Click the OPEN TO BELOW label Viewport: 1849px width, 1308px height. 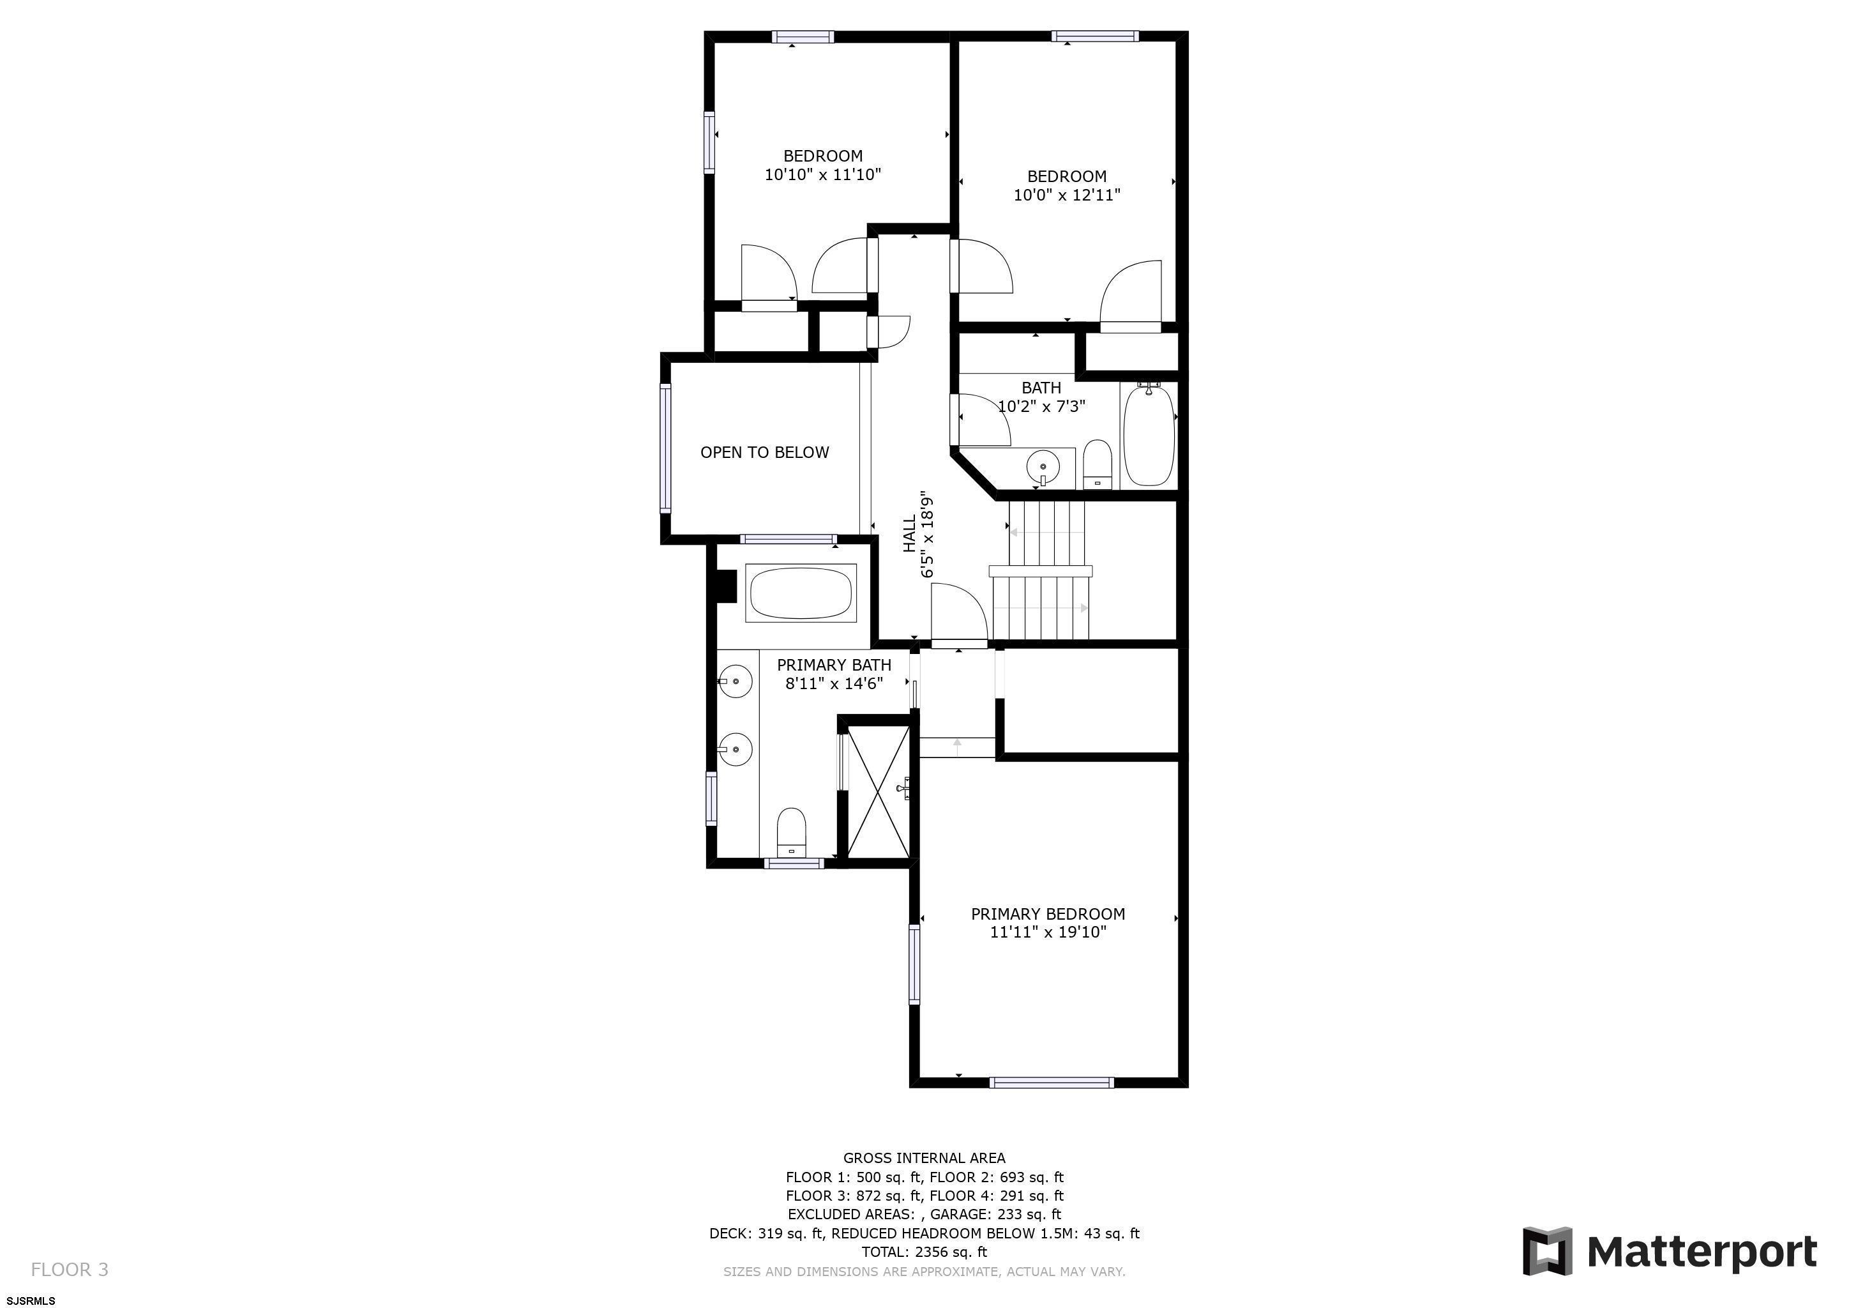[764, 453]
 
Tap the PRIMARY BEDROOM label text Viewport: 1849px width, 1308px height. [1048, 914]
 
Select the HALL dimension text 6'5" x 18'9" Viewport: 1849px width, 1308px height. [928, 534]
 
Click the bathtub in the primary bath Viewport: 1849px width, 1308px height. [801, 593]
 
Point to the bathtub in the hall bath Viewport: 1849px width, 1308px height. [1149, 434]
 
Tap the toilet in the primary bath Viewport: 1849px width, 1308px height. [792, 832]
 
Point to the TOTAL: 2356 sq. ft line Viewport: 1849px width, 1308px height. [924, 1252]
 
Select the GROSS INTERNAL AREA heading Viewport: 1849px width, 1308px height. [924, 1158]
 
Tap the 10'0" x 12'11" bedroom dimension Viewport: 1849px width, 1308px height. [1066, 194]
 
